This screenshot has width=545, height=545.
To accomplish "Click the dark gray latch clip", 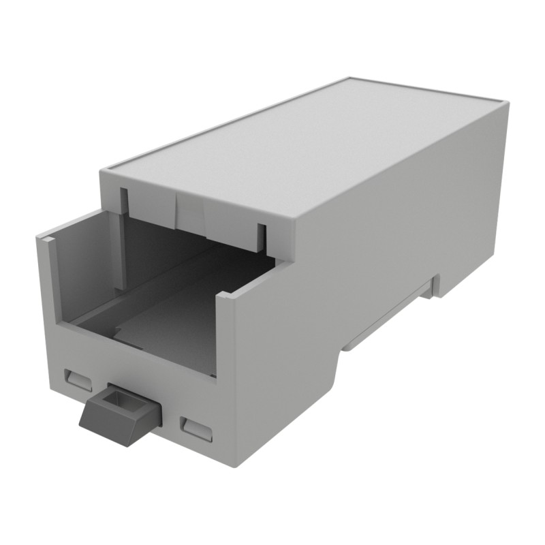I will (x=116, y=416).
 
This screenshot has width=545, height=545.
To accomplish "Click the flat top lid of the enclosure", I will (x=307, y=150).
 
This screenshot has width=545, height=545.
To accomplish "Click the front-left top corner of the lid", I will (x=104, y=170).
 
